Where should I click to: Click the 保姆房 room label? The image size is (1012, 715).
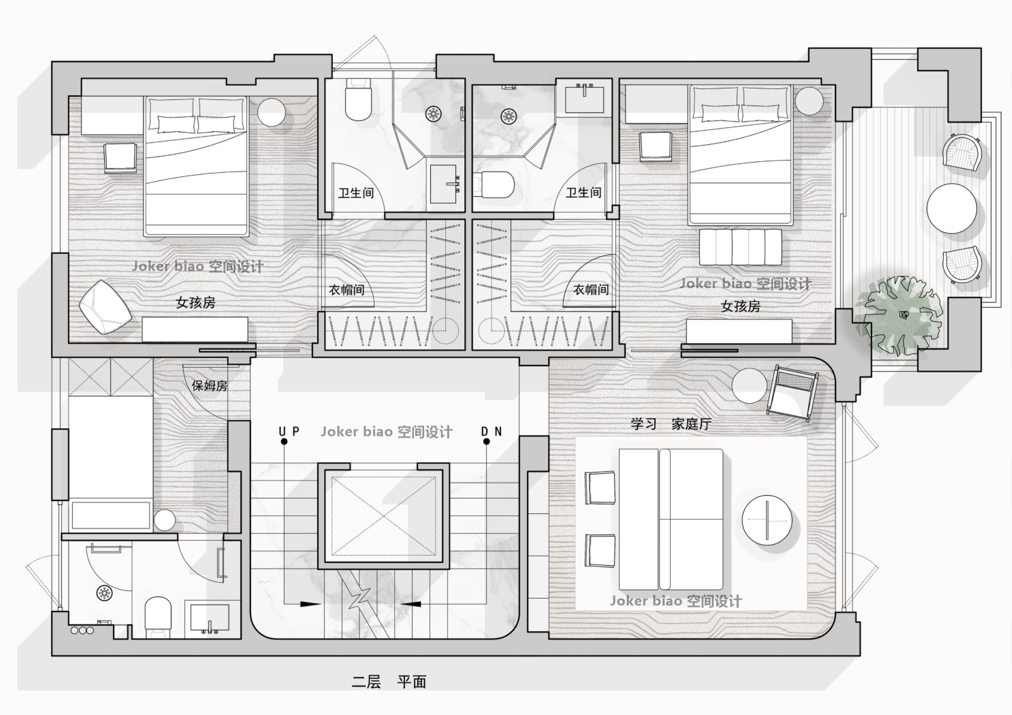[209, 385]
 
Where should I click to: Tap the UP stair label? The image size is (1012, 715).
[289, 431]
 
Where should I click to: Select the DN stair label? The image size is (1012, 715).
[492, 431]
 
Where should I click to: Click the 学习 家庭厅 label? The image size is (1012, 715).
[671, 424]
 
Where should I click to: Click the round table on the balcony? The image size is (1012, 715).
[952, 209]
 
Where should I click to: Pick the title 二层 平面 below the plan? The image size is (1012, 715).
[389, 682]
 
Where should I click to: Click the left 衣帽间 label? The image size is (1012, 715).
[346, 290]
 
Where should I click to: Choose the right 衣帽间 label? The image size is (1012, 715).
[591, 290]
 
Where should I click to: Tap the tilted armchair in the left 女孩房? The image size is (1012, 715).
[105, 307]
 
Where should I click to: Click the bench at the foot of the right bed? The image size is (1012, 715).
[740, 247]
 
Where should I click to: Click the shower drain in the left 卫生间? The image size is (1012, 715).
[433, 114]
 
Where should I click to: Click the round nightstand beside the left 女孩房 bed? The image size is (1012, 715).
[272, 111]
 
